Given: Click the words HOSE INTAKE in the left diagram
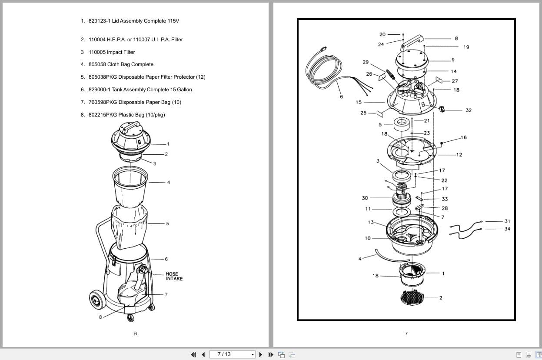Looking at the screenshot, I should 174,277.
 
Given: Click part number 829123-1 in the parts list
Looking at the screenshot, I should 99,21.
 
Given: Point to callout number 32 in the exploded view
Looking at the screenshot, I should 468,110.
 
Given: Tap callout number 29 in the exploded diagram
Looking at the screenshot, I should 366,62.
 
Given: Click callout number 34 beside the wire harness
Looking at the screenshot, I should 507,229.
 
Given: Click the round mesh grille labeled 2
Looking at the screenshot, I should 411,297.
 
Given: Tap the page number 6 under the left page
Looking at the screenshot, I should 135,333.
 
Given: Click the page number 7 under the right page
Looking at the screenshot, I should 406,333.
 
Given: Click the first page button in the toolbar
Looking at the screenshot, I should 194,354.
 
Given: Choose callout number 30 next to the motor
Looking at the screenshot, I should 365,198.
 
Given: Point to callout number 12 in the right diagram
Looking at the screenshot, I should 459,155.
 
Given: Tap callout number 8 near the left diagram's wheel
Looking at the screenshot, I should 100,317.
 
